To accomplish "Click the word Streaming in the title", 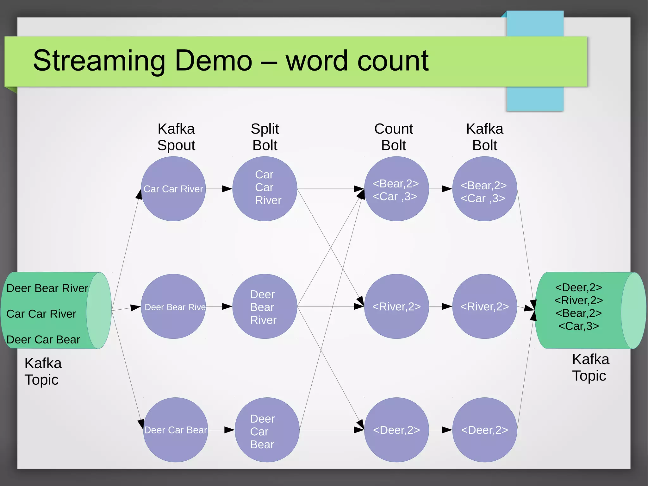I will (x=99, y=61).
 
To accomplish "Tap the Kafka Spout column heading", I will (x=176, y=137).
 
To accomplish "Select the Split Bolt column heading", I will (x=265, y=137).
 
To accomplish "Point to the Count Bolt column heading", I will (x=394, y=137).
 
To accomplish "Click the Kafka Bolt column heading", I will (x=485, y=137).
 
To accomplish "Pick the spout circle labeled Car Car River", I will (x=173, y=189).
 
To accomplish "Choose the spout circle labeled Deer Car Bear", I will (x=176, y=430).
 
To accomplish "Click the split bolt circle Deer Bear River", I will (x=265, y=306).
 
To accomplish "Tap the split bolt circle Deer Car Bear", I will (x=267, y=430).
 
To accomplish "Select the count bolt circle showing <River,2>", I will (x=396, y=306).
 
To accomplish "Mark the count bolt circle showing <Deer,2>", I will (x=396, y=430).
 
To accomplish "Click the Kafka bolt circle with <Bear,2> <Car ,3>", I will (x=484, y=189).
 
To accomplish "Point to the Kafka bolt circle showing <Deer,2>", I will (x=484, y=430).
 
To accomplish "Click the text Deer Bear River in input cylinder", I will (x=47, y=288).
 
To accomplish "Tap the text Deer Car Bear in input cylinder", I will (x=43, y=339).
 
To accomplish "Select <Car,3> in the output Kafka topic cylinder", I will (x=579, y=326).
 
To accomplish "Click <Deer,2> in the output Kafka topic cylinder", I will (x=579, y=287).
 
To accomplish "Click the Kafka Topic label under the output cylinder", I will (x=590, y=368).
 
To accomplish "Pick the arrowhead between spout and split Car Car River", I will (x=227, y=189).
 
